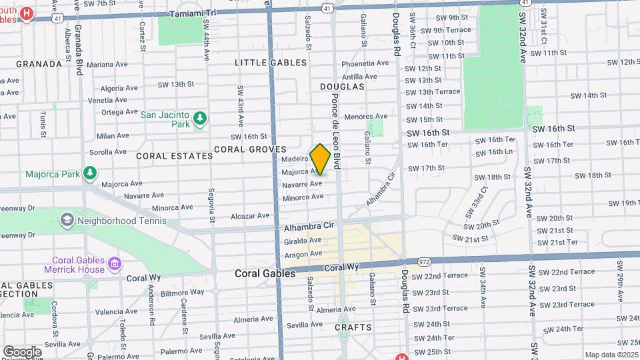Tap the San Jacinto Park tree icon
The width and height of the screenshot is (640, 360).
tap(199, 119)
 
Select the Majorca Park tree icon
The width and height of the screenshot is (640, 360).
tap(90, 174)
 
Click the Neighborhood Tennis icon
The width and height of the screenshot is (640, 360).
tap(67, 220)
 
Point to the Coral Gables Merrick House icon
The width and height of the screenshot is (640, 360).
tap(114, 265)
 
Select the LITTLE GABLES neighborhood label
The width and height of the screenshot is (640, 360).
tap(271, 63)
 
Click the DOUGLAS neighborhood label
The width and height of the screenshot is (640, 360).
tap(342, 87)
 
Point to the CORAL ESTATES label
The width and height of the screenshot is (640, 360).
tap(174, 155)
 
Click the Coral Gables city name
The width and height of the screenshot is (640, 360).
tap(265, 273)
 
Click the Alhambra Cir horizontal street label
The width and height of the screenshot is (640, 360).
tap(308, 227)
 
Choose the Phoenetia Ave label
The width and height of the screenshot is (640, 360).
tap(365, 63)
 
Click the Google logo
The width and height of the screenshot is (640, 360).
tap(22, 351)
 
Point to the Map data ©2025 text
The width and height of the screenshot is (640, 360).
tap(611, 355)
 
